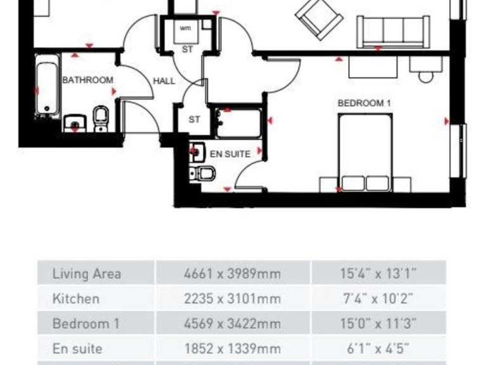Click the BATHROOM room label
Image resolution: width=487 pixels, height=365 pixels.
(x=88, y=80)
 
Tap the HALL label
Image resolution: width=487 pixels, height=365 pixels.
(x=164, y=81)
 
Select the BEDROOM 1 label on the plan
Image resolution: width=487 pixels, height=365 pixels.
(x=364, y=103)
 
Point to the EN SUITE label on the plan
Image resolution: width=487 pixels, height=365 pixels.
(x=230, y=153)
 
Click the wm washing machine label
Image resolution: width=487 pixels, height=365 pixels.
(x=185, y=29)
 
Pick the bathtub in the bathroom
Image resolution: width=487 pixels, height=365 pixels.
(x=47, y=87)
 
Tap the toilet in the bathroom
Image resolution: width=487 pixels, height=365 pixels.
(x=101, y=118)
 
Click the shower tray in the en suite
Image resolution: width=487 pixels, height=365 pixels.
(x=238, y=124)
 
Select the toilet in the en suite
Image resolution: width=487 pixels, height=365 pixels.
(x=204, y=174)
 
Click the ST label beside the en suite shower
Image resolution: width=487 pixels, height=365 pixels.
(x=195, y=119)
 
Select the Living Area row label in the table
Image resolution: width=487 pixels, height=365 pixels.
(x=87, y=274)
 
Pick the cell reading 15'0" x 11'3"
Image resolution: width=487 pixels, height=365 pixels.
(x=379, y=324)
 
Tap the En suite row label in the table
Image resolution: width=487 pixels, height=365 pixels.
(x=77, y=349)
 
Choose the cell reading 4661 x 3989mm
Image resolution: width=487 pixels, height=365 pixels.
(x=231, y=274)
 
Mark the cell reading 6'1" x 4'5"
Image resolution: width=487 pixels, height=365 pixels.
(x=379, y=349)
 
